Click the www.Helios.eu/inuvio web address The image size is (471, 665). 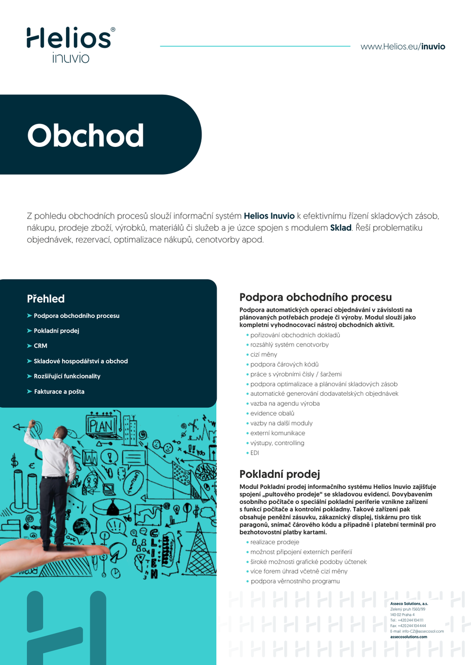pos(402,47)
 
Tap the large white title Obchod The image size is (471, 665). pos(85,135)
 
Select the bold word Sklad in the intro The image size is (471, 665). pos(340,228)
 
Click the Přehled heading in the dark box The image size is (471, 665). pos(46,299)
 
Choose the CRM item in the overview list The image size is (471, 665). pos(40,346)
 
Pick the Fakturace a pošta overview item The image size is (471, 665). pos(59,392)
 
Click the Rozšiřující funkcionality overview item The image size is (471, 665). pos(66,376)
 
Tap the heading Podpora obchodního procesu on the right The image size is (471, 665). pos(315,297)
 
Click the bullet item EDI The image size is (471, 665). pos(254,453)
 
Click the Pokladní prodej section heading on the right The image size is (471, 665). pos(279,474)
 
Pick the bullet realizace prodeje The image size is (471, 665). pos(274,542)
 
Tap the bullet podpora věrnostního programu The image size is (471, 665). pos(295,581)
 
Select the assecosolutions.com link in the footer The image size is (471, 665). pos(408,637)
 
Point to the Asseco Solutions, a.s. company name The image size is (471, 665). pos(408,604)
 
